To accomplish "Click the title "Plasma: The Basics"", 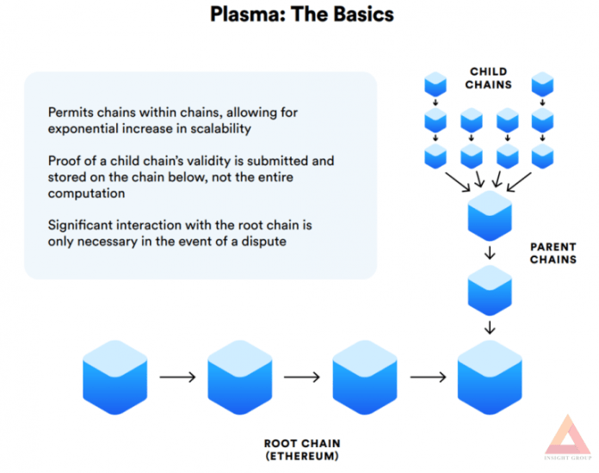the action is (x=302, y=15).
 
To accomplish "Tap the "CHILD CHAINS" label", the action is (x=488, y=78).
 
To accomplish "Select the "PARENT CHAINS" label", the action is (x=553, y=253).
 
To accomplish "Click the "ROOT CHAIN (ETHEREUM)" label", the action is (x=302, y=450).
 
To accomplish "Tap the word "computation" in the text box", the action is (x=86, y=193).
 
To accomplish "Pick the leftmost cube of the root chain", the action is (x=115, y=378).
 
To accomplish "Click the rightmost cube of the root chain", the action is (x=490, y=378).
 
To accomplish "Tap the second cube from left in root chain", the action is (x=240, y=378).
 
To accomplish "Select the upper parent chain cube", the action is (x=490, y=216).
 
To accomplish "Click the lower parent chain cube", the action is (x=490, y=291).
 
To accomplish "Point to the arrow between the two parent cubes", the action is (x=490, y=253).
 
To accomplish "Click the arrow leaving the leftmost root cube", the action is (x=177, y=378).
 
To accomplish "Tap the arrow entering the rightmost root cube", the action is (x=428, y=378).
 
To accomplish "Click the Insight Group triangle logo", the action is (x=568, y=435).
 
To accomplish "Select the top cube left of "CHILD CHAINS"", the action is (x=435, y=84).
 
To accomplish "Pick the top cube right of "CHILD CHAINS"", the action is (x=542, y=84).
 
